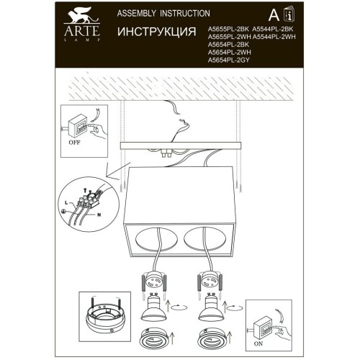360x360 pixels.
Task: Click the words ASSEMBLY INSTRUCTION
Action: click(x=153, y=14)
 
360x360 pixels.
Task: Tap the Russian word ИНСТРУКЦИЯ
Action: click(x=157, y=32)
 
